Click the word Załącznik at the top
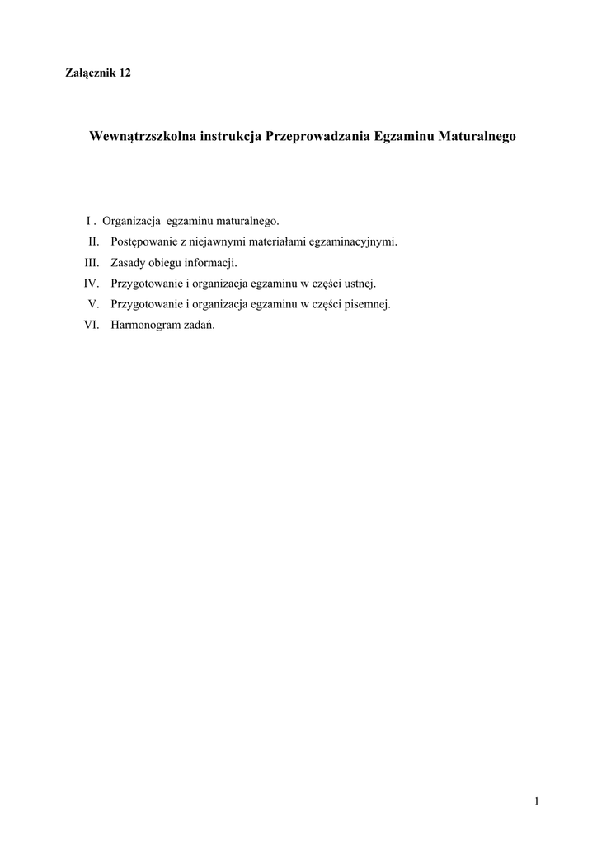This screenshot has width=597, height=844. tap(90, 73)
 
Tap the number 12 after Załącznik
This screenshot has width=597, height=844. tap(125, 73)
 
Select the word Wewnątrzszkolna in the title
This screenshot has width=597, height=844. tap(142, 137)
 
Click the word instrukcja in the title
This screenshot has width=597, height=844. tap(230, 137)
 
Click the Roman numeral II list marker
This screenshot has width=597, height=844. tap(94, 242)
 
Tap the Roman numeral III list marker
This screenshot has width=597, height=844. tap(92, 263)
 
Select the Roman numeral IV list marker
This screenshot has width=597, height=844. tap(92, 284)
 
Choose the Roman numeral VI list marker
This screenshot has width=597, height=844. tap(92, 325)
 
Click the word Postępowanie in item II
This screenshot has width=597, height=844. tap(142, 242)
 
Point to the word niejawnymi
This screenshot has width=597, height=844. tap(213, 242)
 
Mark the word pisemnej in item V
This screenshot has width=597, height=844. tap(369, 304)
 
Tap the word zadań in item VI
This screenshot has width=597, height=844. tap(199, 325)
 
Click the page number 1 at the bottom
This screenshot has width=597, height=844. tap(536, 801)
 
